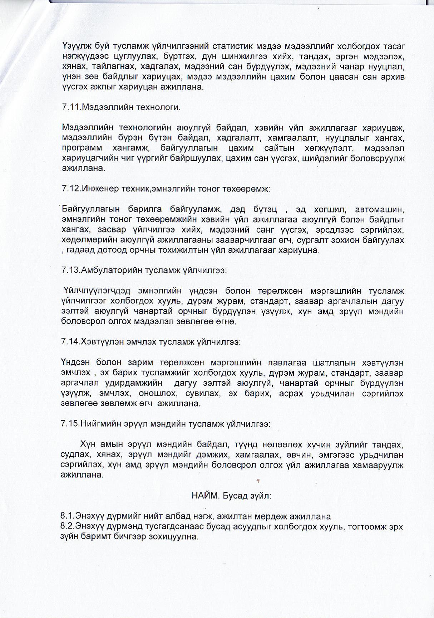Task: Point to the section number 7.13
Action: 70,271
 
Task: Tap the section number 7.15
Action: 70,424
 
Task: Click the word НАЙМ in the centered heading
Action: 205,496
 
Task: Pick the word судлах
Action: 74,455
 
